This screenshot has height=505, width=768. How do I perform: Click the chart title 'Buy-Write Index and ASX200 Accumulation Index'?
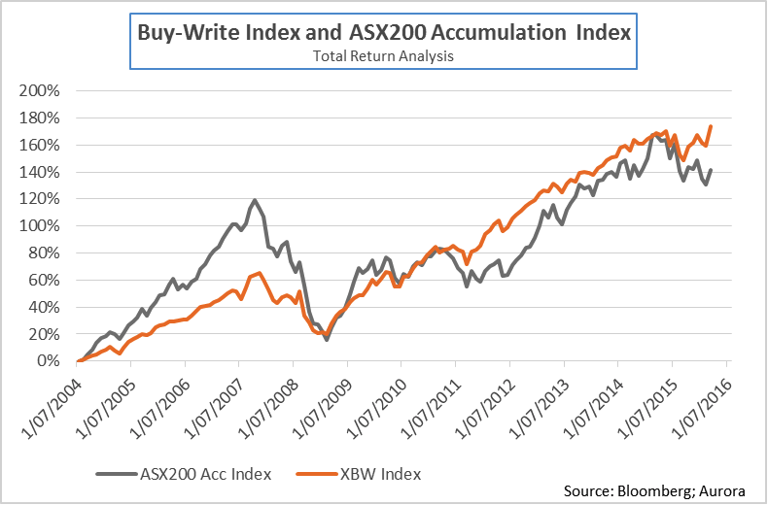(x=383, y=33)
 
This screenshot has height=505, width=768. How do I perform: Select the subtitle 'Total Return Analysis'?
(x=383, y=56)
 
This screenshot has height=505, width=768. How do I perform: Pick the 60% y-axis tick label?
(x=43, y=280)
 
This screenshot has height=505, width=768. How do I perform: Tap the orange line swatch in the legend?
(x=319, y=474)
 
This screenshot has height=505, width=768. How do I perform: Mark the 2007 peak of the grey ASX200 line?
(x=256, y=200)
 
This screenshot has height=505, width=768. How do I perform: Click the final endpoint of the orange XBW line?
(x=712, y=126)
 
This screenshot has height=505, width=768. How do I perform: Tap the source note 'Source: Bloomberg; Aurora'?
(x=658, y=491)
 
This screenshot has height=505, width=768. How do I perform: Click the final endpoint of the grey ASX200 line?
(x=712, y=170)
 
